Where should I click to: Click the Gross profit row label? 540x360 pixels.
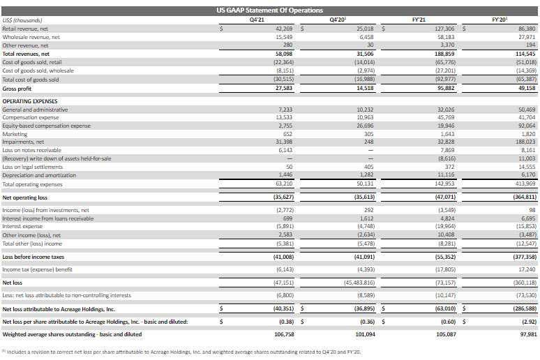pyautogui.click(x=18, y=89)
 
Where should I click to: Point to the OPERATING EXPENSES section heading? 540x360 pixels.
pyautogui.click(x=34, y=101)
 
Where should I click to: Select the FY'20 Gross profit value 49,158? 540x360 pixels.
pyautogui.click(x=526, y=89)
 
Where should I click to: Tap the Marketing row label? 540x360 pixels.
pyautogui.click(x=15, y=134)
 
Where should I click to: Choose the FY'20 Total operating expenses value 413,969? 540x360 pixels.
pyautogui.click(x=525, y=183)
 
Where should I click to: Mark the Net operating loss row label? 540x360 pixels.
pyautogui.click(x=26, y=197)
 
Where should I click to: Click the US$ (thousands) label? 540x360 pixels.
pyautogui.click(x=22, y=20)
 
